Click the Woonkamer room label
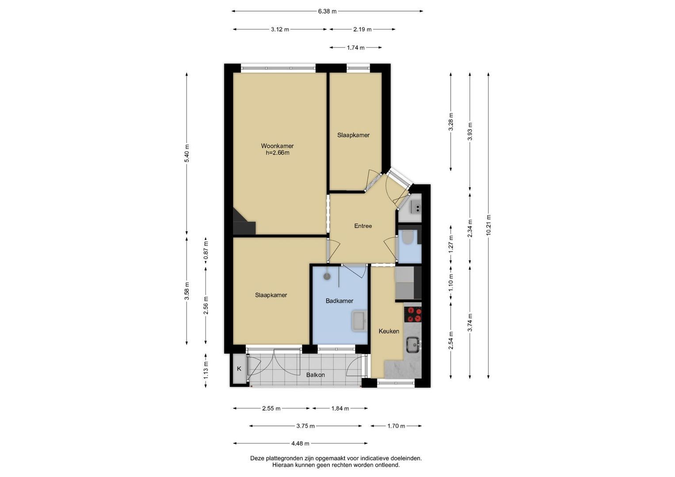[x=277, y=146]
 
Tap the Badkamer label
[x=339, y=301]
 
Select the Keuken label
[x=389, y=331]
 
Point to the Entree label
[x=363, y=226]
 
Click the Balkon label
[x=316, y=375]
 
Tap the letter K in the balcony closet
[x=239, y=369]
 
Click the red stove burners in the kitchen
[x=414, y=314]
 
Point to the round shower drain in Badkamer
[x=327, y=276]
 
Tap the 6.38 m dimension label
[x=327, y=11]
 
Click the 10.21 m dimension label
[x=488, y=225]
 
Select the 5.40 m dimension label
[x=187, y=153]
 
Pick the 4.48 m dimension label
[x=300, y=443]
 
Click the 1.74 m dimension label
[x=355, y=48]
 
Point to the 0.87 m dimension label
[x=206, y=250]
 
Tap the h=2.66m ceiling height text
[x=277, y=153]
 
